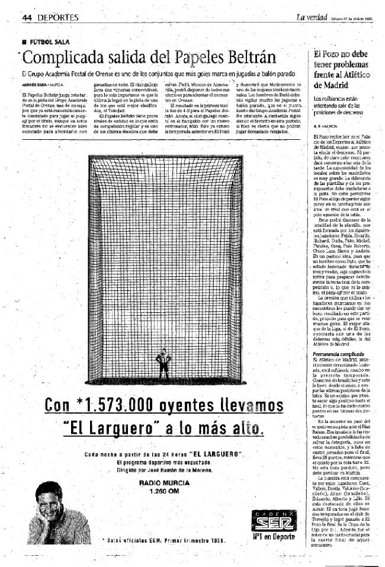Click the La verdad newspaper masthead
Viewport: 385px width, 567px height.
click(x=312, y=17)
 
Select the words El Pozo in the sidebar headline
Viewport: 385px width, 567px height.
click(x=327, y=54)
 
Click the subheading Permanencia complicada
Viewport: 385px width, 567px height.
click(x=337, y=354)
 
